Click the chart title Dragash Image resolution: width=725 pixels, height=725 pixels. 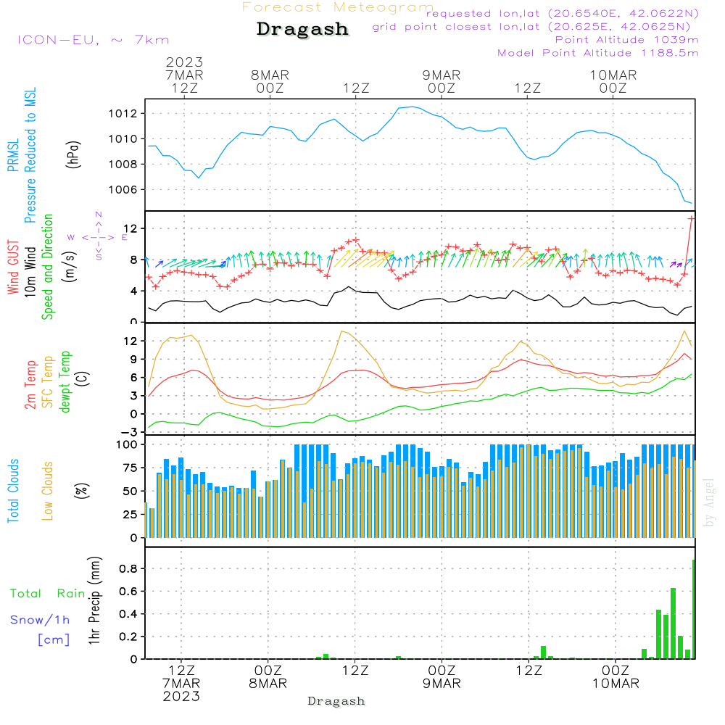point(302,29)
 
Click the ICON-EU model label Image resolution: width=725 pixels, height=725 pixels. point(93,40)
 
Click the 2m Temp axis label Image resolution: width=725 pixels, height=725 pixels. point(31,384)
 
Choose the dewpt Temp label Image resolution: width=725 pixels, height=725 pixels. point(66,381)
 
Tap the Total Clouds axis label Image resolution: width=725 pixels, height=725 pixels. point(14,491)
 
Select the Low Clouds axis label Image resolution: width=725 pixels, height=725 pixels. point(48,491)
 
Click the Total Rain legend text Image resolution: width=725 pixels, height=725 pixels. point(48,593)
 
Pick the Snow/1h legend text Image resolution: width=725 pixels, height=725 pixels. point(40,619)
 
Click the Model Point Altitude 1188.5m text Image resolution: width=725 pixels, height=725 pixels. point(598,53)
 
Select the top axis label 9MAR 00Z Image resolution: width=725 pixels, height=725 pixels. point(442,81)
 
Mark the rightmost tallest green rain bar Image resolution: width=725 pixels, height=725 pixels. point(694,609)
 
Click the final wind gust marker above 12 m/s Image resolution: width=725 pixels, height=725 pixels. point(692,217)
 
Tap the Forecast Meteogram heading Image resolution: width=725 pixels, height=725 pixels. point(338,7)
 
